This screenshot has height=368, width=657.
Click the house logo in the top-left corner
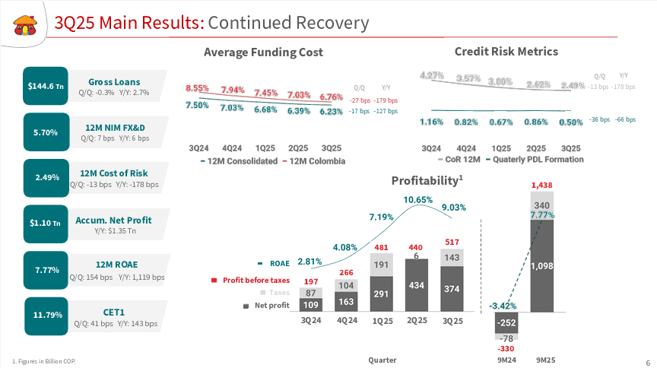[x=25, y=25]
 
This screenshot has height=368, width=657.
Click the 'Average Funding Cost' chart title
[x=263, y=52]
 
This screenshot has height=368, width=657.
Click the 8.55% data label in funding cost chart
[x=197, y=88]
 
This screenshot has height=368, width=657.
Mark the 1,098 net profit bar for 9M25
[x=542, y=266]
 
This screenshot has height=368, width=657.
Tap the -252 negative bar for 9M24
[x=506, y=322]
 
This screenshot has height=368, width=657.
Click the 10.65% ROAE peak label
[x=418, y=200]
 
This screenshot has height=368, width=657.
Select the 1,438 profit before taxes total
[x=541, y=185]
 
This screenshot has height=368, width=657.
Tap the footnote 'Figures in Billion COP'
[x=44, y=360]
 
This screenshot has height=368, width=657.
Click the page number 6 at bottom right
[x=647, y=360]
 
